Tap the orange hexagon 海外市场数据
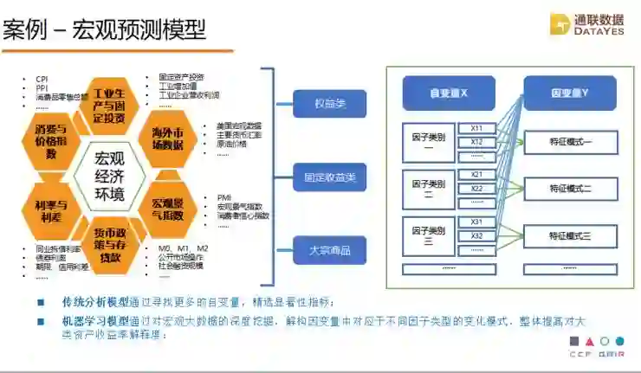pyautogui.click(x=166, y=138)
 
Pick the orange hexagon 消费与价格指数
pyautogui.click(x=52, y=141)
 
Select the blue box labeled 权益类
pyautogui.click(x=330, y=104)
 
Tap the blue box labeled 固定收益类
pyautogui.click(x=330, y=177)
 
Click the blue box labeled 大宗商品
pyautogui.click(x=330, y=250)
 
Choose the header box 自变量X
pyautogui.click(x=448, y=93)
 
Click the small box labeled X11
pyautogui.click(x=476, y=128)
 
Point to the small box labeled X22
pyautogui.click(x=476, y=189)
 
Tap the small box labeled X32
pyautogui.click(x=476, y=235)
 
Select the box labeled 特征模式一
pyautogui.click(x=570, y=141)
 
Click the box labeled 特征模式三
pyautogui.click(x=570, y=235)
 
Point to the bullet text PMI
pyautogui.click(x=224, y=198)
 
